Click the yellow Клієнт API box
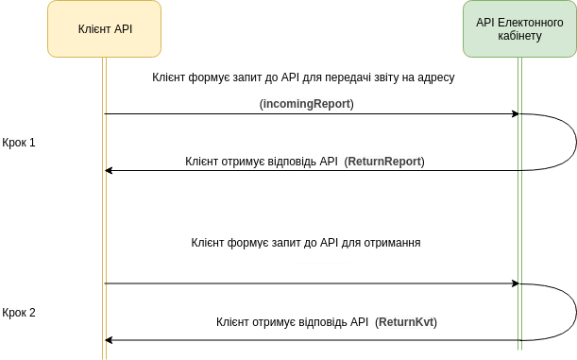(104, 28)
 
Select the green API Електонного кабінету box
(519, 28)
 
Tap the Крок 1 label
(19, 143)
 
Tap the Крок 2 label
(19, 312)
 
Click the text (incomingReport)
(306, 102)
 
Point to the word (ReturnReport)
(384, 162)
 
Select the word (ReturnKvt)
(407, 322)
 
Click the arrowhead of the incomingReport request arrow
(516, 113)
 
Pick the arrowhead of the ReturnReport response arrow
(109, 170)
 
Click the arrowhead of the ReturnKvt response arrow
(109, 340)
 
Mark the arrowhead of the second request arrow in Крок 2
(516, 283)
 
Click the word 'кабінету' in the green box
(519, 36)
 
